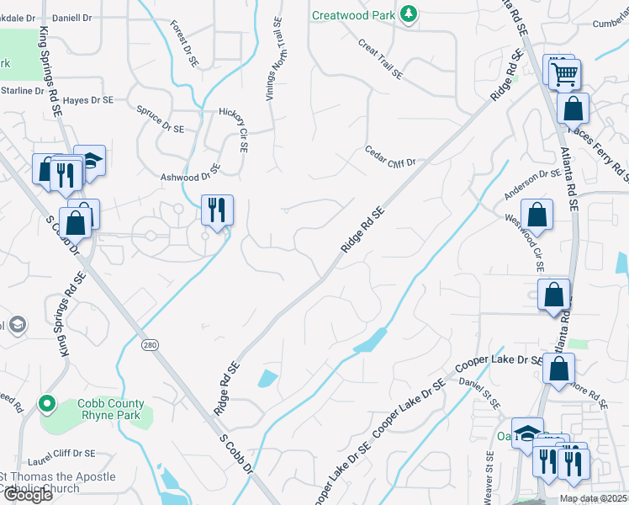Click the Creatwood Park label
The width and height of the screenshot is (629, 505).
click(353, 14)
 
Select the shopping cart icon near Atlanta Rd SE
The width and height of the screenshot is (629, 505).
click(565, 73)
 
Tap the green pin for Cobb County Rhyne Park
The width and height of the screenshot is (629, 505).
click(47, 406)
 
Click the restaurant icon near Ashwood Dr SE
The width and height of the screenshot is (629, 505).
click(217, 210)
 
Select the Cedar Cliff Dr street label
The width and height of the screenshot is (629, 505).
click(390, 157)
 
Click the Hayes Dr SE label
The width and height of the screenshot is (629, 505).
click(87, 99)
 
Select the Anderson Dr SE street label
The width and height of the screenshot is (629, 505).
click(531, 185)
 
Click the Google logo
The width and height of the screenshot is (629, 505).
click(27, 495)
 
